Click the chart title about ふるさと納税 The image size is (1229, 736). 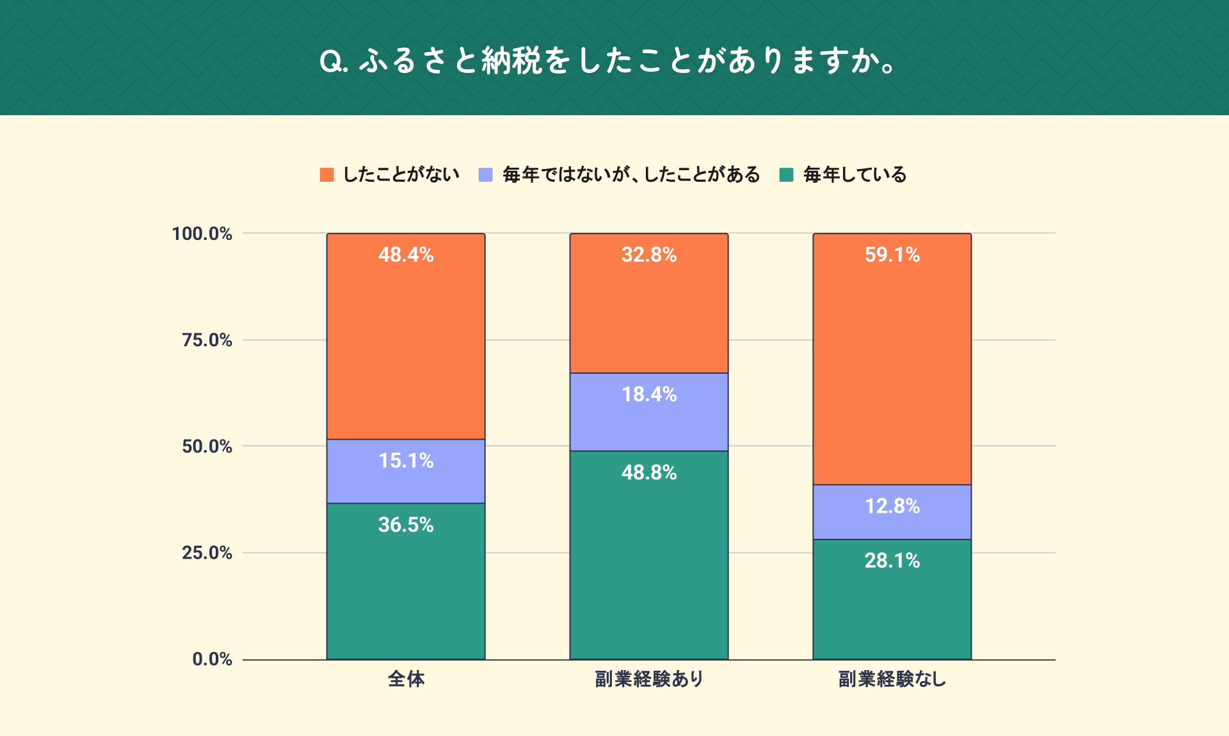pos(608,61)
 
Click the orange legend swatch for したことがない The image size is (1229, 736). pos(326,175)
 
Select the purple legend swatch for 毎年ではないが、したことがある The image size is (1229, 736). pos(486,175)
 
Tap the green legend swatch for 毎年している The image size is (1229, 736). pos(787,175)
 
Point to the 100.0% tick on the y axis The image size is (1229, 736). pos(202,234)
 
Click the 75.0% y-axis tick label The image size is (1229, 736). pos(207,340)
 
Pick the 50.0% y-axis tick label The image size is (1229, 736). pos(207,446)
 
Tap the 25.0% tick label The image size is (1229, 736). pos(207,552)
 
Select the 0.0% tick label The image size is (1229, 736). pos(212,659)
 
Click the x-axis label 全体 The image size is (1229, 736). pos(406,679)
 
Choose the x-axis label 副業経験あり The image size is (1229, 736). pos(649,679)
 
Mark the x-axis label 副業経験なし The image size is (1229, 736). pos(892,679)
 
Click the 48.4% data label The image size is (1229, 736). pos(406,255)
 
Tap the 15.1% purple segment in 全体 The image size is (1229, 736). pos(406,472)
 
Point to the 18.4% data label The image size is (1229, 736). pos(649,394)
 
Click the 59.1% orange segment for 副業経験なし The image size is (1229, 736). pos(892,359)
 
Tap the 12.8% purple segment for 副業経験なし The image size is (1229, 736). pos(892,512)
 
